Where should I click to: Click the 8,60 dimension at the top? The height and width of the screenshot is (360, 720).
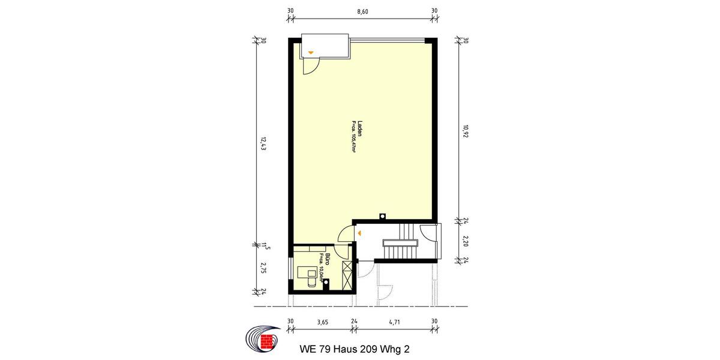pos(362,11)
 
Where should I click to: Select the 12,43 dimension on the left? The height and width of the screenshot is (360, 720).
pos(262,145)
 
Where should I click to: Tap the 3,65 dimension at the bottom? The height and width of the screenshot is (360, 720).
pos(322,322)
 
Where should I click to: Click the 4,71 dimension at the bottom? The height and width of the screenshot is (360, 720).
pos(394,322)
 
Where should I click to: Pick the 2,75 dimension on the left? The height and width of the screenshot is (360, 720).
pos(262,268)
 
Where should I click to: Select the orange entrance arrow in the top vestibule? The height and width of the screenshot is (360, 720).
pos(310,53)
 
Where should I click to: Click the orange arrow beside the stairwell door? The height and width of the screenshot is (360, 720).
pos(358,232)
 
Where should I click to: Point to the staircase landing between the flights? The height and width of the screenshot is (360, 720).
pos(398,241)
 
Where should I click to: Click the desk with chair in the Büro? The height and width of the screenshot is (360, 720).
pos(309,275)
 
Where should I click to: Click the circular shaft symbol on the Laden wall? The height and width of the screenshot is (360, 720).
pos(382,217)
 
